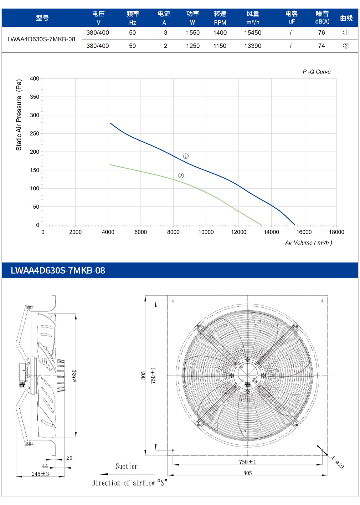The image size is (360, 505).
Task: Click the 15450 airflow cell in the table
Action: click(253, 33)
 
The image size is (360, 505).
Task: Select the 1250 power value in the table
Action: click(192, 46)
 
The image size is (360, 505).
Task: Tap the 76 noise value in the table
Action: click(322, 33)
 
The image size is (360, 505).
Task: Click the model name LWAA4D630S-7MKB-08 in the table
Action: click(41, 39)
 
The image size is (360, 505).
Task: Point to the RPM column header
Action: click(220, 22)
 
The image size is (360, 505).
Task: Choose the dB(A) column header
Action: click(322, 22)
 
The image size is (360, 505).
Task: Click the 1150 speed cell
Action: click(220, 46)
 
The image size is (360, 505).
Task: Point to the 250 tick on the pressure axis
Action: click(35, 133)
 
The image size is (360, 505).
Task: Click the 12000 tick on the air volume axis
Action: click(238, 232)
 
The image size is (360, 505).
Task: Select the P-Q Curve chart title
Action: click(317, 72)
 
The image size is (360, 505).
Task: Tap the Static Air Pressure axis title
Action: click(19, 115)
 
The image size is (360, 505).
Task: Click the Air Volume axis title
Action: click(308, 243)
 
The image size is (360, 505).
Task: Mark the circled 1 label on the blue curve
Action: click(186, 156)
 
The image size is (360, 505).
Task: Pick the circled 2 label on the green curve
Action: click(181, 175)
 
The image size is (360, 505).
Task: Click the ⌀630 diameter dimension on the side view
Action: click(74, 376)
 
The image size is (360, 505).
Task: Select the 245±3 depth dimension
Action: click(40, 474)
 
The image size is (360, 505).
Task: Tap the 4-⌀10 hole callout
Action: click(337, 462)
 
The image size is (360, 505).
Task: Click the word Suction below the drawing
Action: click(127, 466)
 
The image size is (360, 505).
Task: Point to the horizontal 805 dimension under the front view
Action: click(247, 473)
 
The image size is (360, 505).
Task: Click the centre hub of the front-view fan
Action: click(247, 376)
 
